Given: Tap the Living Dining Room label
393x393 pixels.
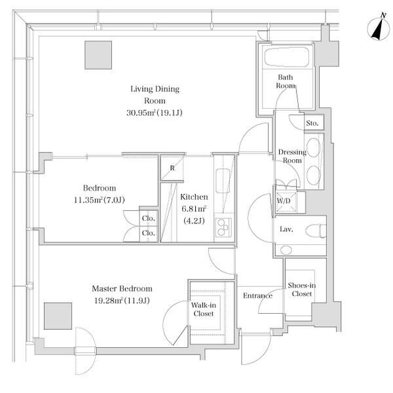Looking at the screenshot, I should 155,95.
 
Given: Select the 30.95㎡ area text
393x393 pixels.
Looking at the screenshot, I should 155,113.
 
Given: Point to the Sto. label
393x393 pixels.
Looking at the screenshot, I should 312,122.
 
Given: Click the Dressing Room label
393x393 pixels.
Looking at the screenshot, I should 291,157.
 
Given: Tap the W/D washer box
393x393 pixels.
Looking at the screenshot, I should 284,200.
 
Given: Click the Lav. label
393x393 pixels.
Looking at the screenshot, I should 286,229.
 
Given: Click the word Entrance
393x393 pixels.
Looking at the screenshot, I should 257,296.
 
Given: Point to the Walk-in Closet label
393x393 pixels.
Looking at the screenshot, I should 204,309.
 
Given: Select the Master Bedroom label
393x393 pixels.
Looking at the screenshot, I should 122,289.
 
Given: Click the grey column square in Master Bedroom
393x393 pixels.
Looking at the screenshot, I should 57,316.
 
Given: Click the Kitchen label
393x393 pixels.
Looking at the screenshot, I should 194,197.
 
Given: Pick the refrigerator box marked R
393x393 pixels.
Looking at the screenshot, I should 172,168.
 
